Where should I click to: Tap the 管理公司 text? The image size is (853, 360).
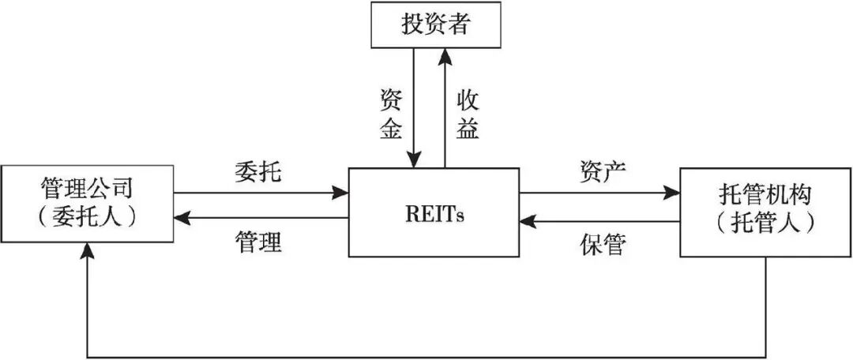click(x=87, y=190)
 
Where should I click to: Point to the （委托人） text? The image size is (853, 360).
click(x=87, y=216)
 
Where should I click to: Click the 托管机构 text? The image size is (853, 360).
click(x=765, y=193)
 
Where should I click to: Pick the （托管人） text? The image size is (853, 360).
click(x=765, y=222)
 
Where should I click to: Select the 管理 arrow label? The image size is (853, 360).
click(x=257, y=242)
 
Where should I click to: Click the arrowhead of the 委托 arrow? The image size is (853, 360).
click(x=342, y=192)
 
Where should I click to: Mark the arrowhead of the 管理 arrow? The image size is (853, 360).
click(x=180, y=218)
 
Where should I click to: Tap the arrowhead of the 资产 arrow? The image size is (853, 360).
click(x=673, y=192)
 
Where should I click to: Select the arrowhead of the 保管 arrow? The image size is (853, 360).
click(x=528, y=221)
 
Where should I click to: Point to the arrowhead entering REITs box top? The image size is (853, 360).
click(x=413, y=161)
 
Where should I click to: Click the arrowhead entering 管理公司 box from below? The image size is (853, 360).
click(x=87, y=251)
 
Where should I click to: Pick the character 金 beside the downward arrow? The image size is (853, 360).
click(x=392, y=129)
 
